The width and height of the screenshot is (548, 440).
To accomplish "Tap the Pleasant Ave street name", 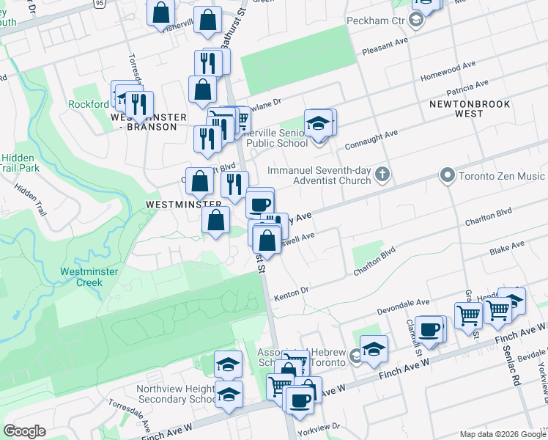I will pyautogui.click(x=385, y=47).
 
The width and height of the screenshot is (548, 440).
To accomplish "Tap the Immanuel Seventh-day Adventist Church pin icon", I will pyautogui.click(x=382, y=175).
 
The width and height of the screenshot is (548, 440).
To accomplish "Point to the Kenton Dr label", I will pyautogui.click(x=290, y=294).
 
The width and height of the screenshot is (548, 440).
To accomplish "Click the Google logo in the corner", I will pyautogui.click(x=24, y=431).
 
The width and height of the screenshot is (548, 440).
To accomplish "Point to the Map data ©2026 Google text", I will pyautogui.click(x=502, y=434).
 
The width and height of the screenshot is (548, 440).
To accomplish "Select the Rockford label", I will pyautogui.click(x=88, y=104).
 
